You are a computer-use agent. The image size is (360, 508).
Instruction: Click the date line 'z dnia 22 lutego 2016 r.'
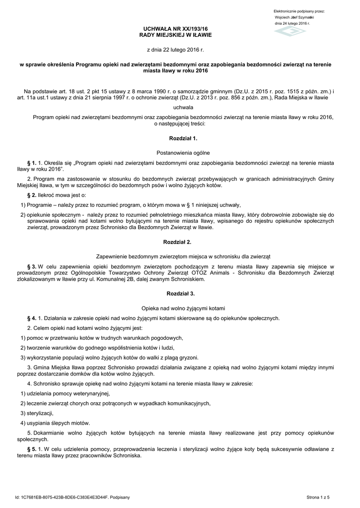175,51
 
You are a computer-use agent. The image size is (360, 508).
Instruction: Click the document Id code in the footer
72,497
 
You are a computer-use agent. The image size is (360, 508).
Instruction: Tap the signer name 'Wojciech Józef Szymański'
294,17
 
